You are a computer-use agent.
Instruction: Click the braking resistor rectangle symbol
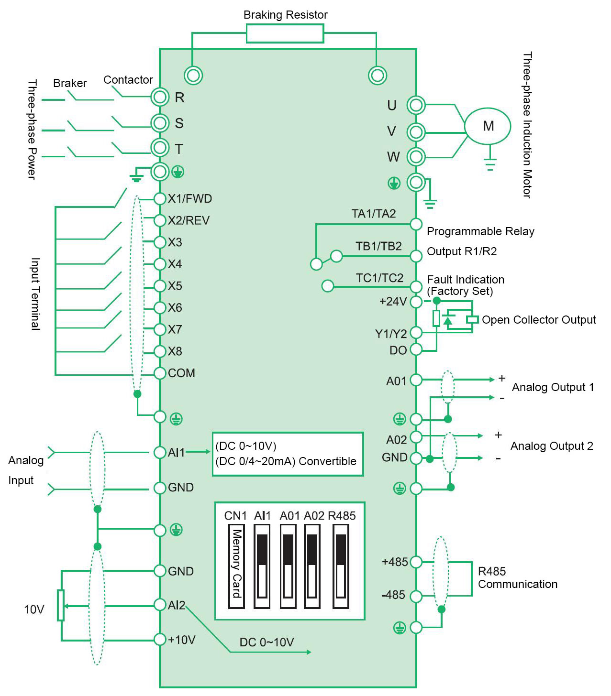click(x=285, y=34)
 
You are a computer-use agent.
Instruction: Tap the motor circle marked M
click(x=488, y=126)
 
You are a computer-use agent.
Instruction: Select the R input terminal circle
click(x=160, y=97)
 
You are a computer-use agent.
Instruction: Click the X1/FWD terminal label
click(x=189, y=199)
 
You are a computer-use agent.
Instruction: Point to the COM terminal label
click(x=181, y=373)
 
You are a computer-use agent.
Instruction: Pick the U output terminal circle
click(x=416, y=105)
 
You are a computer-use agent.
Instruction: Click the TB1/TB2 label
click(x=378, y=246)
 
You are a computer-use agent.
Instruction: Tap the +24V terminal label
click(x=393, y=302)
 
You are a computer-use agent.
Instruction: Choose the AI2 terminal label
click(x=176, y=605)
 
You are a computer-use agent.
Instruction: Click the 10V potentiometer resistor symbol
click(x=61, y=605)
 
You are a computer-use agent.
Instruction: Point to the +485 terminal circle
click(x=416, y=562)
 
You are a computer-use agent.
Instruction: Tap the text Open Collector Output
click(x=539, y=320)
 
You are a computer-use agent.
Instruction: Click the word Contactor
click(x=128, y=80)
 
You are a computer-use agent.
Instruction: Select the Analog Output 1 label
click(x=553, y=387)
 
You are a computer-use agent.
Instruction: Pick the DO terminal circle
click(x=416, y=349)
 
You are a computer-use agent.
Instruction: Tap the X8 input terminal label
click(x=175, y=351)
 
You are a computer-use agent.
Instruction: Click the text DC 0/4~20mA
click(x=256, y=461)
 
